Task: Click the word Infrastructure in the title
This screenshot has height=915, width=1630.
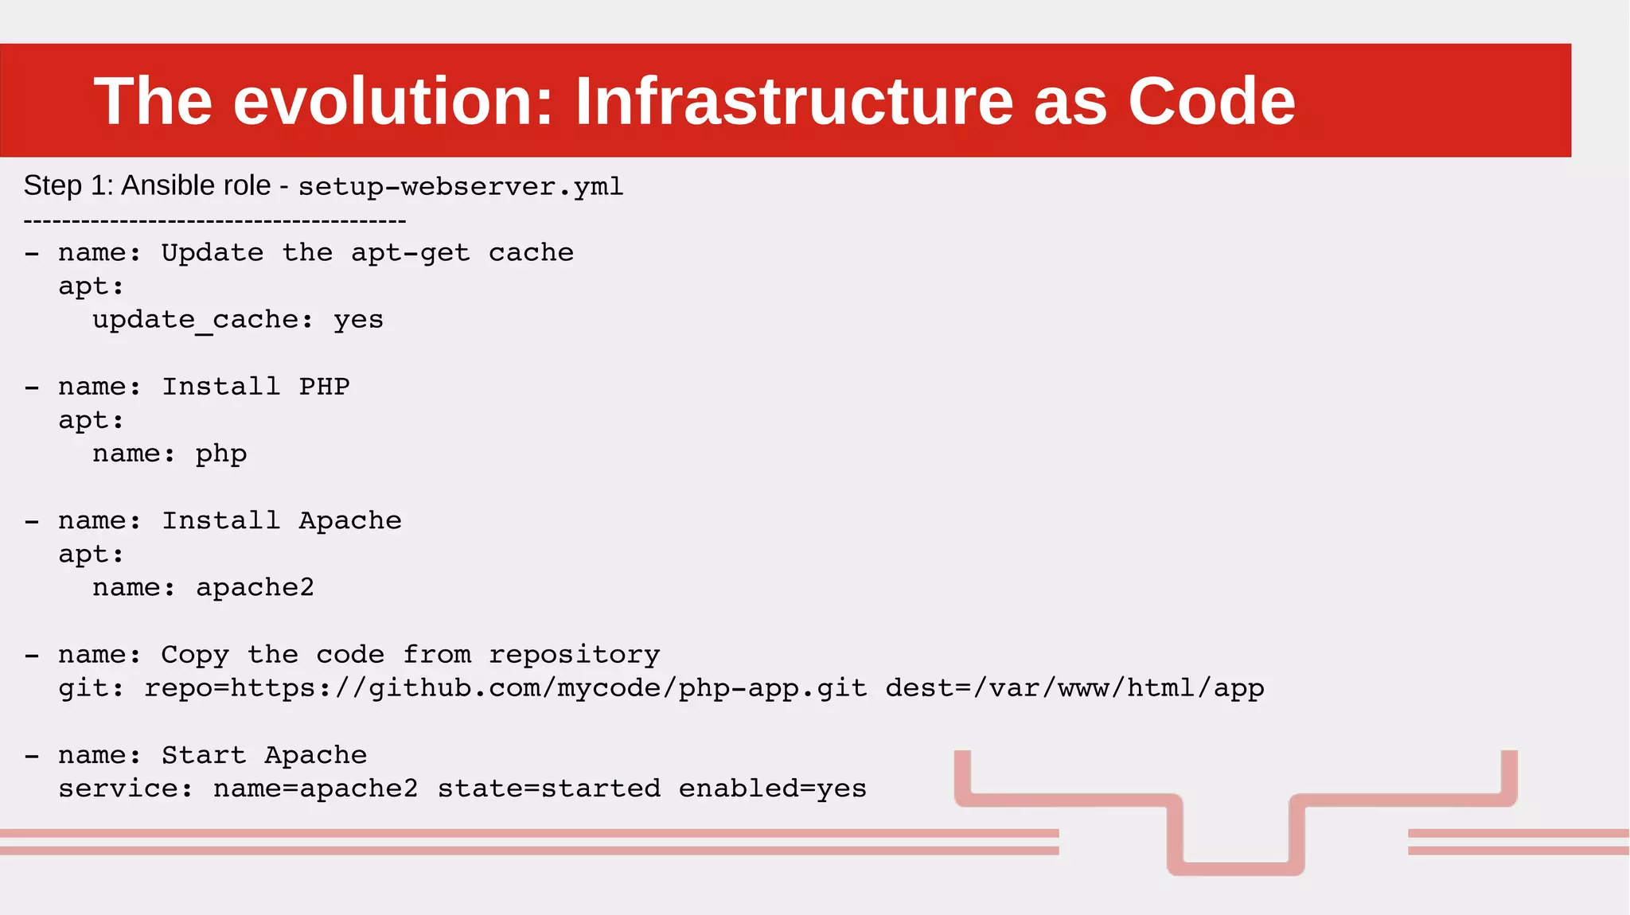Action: (794, 101)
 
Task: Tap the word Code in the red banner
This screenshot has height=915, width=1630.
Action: (1211, 101)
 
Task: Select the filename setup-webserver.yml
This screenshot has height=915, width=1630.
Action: (460, 187)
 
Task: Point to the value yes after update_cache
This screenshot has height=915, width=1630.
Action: (358, 320)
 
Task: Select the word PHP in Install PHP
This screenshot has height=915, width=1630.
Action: (324, 387)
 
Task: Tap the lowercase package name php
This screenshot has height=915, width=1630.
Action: (221, 454)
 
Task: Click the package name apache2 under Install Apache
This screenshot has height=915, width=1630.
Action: (255, 588)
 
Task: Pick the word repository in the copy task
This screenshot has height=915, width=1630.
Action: (574, 655)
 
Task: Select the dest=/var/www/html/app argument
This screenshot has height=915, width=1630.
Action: (1074, 688)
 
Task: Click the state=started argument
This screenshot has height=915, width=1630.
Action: (549, 788)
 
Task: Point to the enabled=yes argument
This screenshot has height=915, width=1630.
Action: (772, 788)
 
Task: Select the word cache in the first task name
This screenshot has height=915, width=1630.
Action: (531, 253)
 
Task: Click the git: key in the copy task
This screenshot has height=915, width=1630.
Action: (91, 688)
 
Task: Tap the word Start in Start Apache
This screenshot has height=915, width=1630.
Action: (203, 755)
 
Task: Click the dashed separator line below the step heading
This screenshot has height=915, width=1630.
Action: (215, 220)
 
